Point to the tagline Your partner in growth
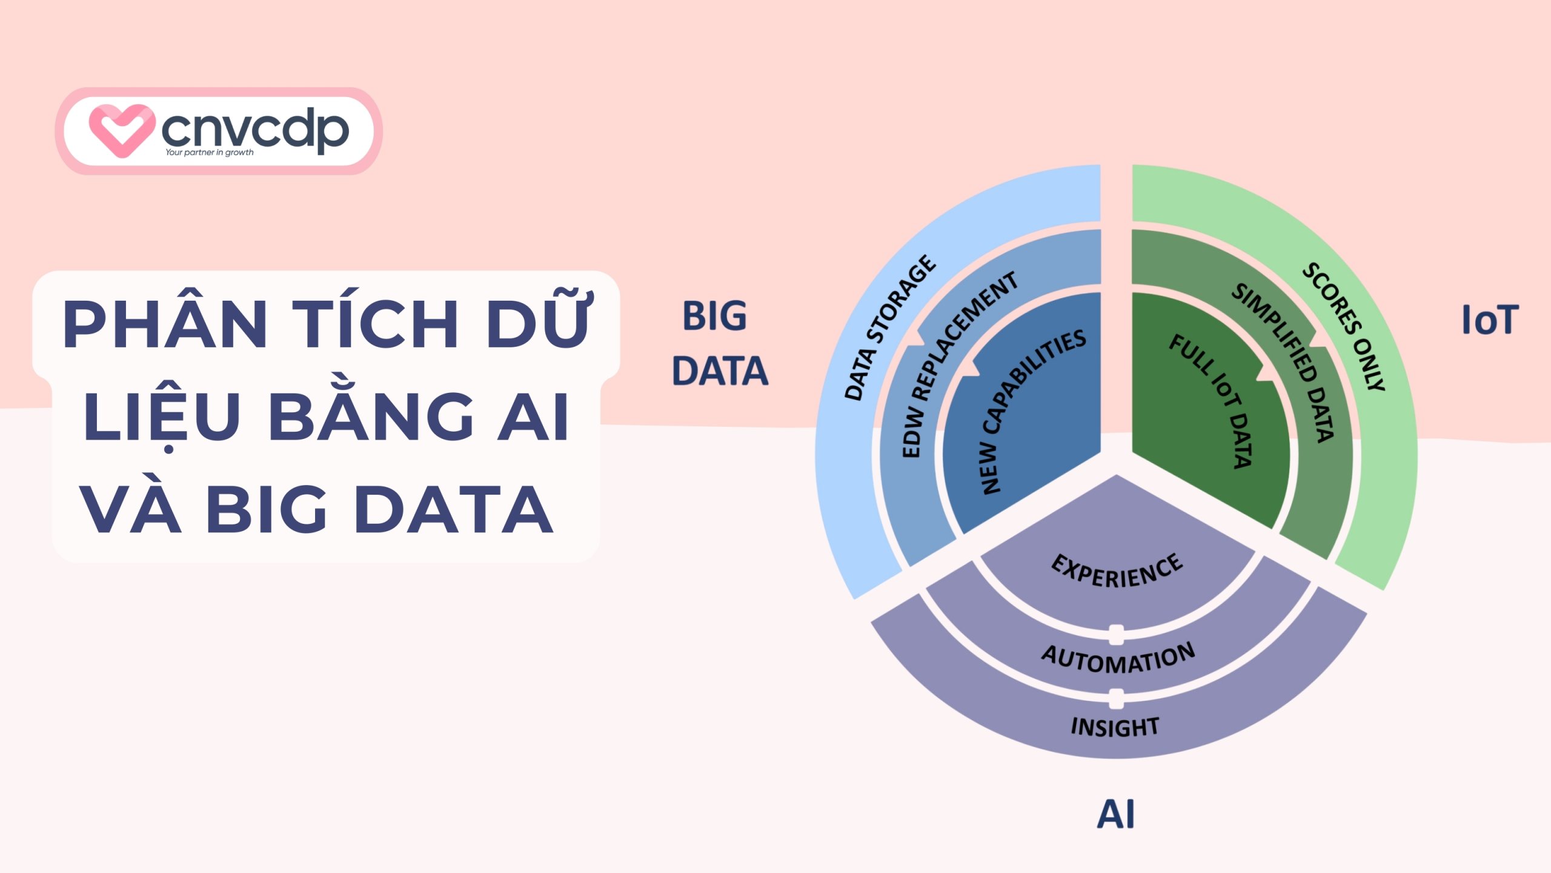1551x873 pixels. click(x=210, y=152)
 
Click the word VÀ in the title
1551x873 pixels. click(x=131, y=509)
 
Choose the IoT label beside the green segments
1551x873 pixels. click(x=1490, y=320)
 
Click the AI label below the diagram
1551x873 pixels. click(x=1116, y=814)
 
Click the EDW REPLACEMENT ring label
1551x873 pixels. click(x=957, y=364)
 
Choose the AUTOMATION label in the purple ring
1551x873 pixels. click(x=1118, y=658)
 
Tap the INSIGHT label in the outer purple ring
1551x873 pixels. click(x=1115, y=727)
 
